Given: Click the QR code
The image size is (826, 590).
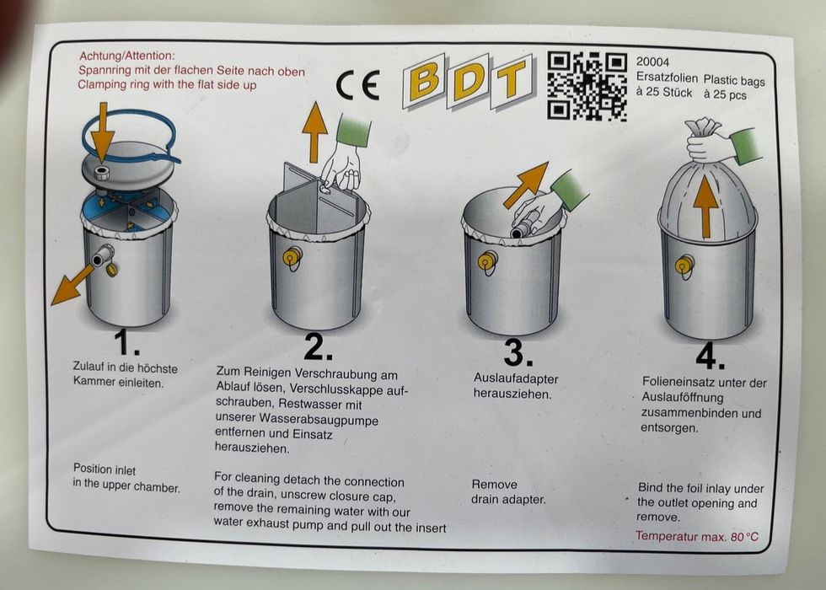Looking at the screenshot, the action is [x=587, y=86].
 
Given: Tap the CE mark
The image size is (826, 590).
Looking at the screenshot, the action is [x=358, y=86].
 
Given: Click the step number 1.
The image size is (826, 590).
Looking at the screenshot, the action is [x=126, y=342].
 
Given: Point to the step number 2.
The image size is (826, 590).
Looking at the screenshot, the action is [x=319, y=346].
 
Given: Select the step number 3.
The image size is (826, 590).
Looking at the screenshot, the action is [x=518, y=352].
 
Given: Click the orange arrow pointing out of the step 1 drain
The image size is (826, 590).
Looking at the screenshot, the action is [x=72, y=286].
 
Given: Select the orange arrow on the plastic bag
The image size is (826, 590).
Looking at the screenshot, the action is [x=705, y=206].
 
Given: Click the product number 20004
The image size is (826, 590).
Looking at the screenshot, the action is [x=652, y=62].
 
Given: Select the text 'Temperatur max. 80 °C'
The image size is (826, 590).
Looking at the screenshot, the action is [x=697, y=536].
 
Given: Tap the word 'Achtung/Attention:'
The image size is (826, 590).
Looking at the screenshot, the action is [x=127, y=56].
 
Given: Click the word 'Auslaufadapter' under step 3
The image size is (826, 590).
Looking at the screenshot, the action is [x=516, y=378].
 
